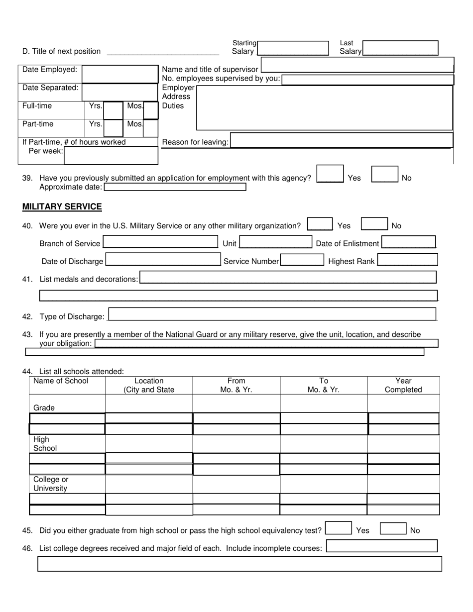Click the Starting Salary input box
[293, 48]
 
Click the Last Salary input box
[400, 48]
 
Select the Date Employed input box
[119, 74]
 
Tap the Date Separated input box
[119, 92]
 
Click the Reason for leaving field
[342, 140]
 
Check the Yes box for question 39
[330, 174]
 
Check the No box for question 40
[374, 224]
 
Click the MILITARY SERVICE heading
[62, 206]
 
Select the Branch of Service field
[160, 242]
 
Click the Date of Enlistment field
[408, 242]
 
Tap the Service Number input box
[302, 260]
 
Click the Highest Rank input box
[407, 260]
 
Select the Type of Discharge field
[272, 314]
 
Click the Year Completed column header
[403, 385]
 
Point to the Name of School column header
[61, 381]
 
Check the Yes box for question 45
[338, 528]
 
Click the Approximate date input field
[175, 187]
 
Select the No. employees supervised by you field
[367, 80]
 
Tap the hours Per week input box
[111, 155]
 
